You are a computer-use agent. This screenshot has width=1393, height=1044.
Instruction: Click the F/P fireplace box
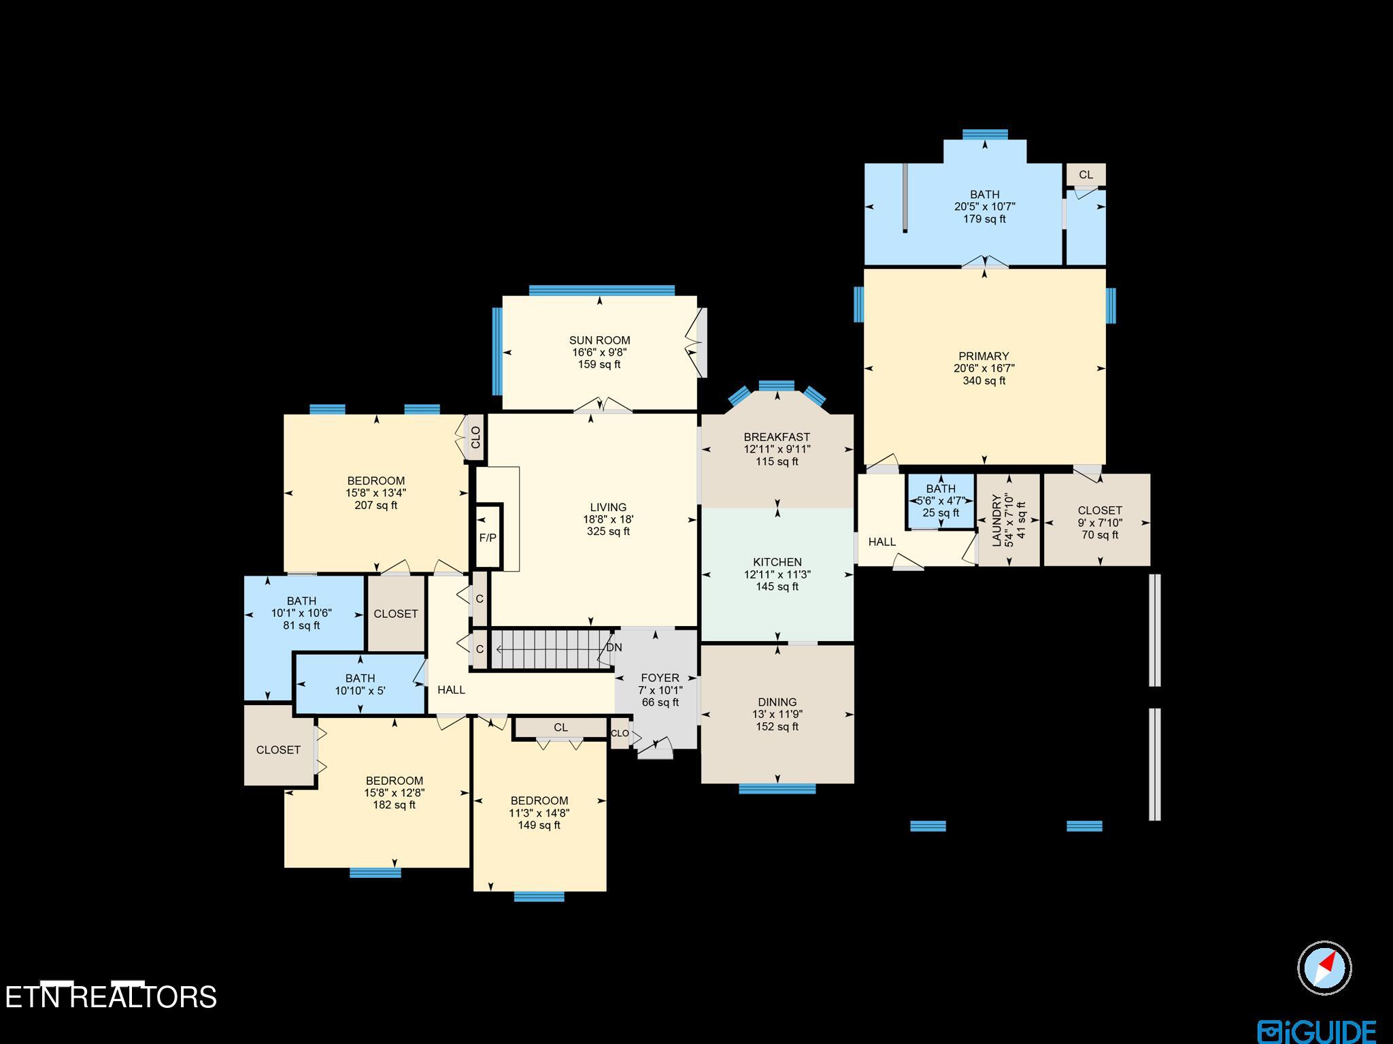[x=488, y=538]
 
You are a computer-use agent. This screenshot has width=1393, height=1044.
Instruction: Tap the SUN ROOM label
[x=599, y=340]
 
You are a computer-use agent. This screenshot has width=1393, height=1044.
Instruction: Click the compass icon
[x=1324, y=968]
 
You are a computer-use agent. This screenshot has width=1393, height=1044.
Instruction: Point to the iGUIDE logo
[x=1317, y=1030]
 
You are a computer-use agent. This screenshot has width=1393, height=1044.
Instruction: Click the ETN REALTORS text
[x=111, y=997]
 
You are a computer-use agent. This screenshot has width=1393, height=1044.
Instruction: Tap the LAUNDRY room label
[x=997, y=521]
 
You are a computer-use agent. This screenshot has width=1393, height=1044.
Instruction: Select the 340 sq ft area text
[x=984, y=380]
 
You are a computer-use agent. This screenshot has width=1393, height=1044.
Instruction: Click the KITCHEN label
[x=777, y=562]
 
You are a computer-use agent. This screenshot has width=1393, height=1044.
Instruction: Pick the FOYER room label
[x=660, y=678]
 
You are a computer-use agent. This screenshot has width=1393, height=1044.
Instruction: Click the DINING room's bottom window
[x=777, y=789]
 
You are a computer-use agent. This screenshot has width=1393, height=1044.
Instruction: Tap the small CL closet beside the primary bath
[x=1086, y=175]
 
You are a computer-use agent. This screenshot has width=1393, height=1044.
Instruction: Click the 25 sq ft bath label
[x=941, y=513]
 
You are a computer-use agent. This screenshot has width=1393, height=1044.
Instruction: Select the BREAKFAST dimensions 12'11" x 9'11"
[x=777, y=449]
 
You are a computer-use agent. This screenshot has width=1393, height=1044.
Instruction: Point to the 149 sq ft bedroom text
[x=539, y=826]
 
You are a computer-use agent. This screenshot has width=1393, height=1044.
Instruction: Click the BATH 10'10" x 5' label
[x=360, y=684]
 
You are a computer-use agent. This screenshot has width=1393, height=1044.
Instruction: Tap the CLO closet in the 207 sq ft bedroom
[x=475, y=437]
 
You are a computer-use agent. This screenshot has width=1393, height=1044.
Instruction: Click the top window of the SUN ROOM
[x=601, y=291]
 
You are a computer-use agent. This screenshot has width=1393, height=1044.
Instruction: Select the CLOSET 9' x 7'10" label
[x=1099, y=510]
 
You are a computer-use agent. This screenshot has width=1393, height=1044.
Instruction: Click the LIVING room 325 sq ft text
[x=608, y=532]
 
